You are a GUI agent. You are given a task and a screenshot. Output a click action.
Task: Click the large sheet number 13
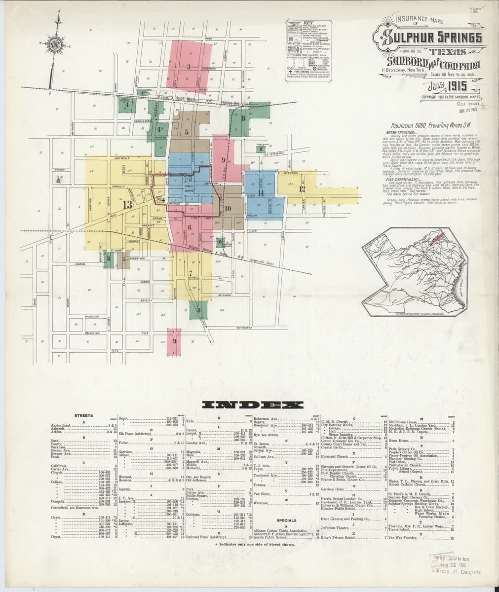click(x=127, y=205)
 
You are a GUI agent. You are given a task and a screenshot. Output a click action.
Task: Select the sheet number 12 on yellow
click(x=302, y=189)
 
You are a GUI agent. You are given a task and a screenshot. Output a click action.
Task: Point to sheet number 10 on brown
click(x=228, y=209)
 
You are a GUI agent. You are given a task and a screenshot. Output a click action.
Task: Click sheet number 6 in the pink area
click(x=190, y=227)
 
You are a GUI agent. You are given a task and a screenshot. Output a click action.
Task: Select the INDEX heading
click(x=252, y=405)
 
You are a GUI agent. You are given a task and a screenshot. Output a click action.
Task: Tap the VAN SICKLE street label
click(x=121, y=158)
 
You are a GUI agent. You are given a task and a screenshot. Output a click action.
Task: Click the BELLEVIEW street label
click(x=93, y=333)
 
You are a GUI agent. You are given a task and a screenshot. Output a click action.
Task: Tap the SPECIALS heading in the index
click(x=287, y=520)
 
